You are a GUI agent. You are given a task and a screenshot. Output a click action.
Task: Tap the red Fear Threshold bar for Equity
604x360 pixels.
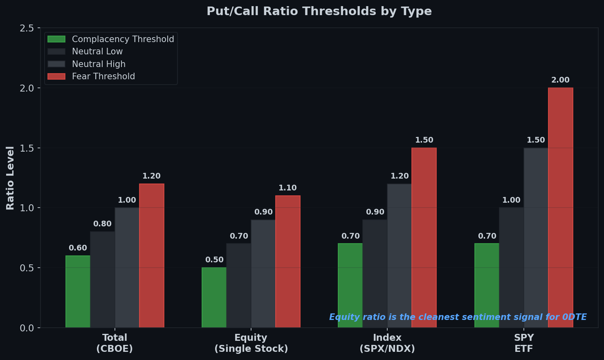point(287,262)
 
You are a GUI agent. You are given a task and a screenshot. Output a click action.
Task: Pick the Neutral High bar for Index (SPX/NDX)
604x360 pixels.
point(399,255)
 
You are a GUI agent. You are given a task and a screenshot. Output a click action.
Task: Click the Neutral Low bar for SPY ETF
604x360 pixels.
point(511,267)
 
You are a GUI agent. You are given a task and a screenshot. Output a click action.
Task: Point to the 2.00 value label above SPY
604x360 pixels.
point(560,80)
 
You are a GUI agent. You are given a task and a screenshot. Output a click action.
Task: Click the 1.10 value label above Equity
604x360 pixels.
point(287,188)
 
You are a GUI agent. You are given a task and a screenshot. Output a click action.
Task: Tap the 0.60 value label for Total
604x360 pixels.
point(78,248)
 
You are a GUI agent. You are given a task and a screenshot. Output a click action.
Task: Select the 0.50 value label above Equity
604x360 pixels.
point(214,260)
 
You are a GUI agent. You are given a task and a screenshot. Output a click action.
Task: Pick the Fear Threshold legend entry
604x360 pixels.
point(103,76)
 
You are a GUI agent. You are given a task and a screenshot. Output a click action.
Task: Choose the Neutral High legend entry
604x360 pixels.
point(99,64)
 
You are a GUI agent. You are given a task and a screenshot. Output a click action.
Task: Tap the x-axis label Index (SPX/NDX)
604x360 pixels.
point(387,343)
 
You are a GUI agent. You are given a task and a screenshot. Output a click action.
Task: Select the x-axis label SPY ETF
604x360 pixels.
point(523,343)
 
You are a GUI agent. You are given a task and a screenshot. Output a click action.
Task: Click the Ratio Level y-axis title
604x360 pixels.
point(10,178)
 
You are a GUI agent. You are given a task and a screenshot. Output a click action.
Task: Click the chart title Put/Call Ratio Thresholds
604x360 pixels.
point(319,11)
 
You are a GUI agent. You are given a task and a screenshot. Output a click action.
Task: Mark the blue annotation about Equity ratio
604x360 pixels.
point(458,317)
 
